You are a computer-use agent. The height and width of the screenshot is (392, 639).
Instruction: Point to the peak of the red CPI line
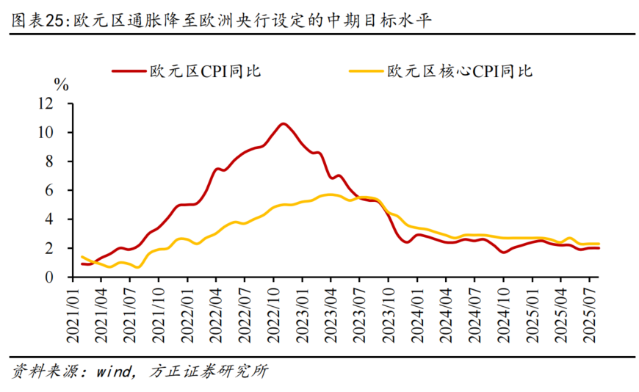(283, 123)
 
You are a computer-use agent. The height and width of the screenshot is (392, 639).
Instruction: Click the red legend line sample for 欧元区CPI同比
(129, 71)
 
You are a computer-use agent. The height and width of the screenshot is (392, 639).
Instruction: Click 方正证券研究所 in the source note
(208, 371)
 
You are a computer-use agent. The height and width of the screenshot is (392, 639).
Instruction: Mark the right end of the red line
(599, 248)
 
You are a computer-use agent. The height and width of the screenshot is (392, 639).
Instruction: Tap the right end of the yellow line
(599, 244)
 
